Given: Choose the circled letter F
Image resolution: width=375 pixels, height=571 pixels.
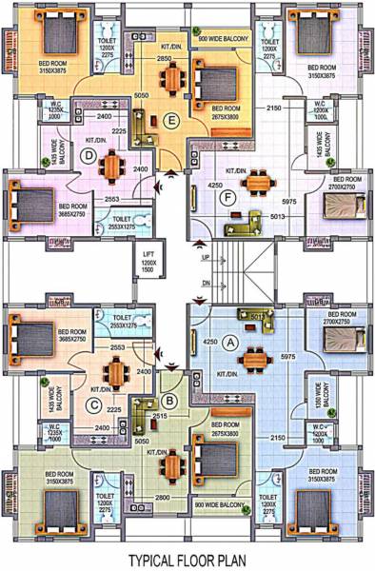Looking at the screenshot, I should [226, 198].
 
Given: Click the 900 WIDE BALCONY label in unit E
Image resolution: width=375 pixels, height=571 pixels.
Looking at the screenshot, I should [227, 37].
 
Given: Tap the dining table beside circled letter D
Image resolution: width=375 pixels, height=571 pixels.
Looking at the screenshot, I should [114, 167].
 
